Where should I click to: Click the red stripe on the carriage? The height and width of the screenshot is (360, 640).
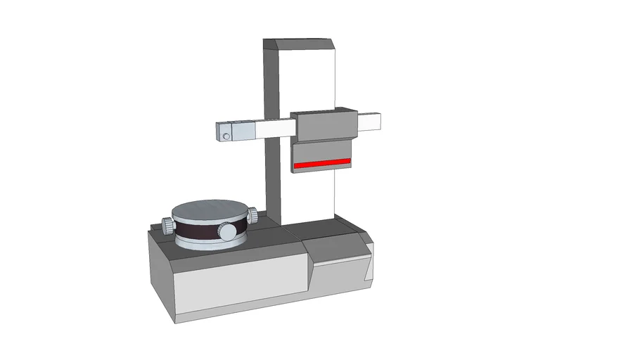322,164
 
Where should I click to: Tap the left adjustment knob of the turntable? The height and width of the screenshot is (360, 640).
168,225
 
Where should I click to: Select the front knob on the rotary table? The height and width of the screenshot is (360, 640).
227,231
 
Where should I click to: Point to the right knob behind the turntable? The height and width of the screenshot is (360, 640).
251,216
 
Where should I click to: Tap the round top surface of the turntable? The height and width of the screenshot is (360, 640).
209,210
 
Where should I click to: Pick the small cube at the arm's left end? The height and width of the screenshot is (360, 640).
222,131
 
